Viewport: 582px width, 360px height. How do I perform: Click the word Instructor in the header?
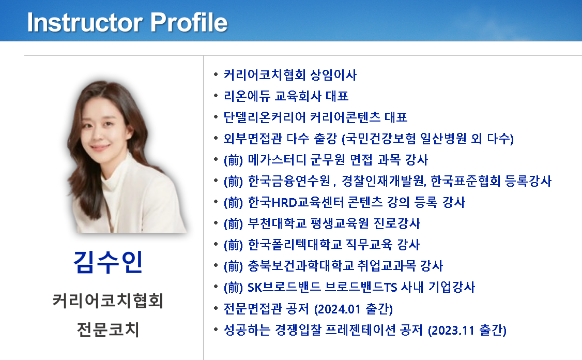pos(85,22)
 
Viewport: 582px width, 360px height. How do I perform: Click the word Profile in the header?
pos(189,22)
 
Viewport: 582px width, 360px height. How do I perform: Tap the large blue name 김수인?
pos(108,262)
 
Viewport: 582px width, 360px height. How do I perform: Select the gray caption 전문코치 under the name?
pos(108,329)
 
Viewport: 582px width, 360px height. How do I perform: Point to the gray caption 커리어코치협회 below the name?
pos(108,301)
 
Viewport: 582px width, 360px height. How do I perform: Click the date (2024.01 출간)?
pos(354,309)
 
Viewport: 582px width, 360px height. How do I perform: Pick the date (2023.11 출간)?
pos(467,330)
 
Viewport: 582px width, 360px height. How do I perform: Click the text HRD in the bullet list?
pos(285,202)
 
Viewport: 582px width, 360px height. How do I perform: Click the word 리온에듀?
pos(247,96)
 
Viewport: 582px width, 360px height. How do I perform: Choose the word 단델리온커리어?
pos(264,117)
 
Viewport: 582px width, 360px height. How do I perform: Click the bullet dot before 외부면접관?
pos(216,138)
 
